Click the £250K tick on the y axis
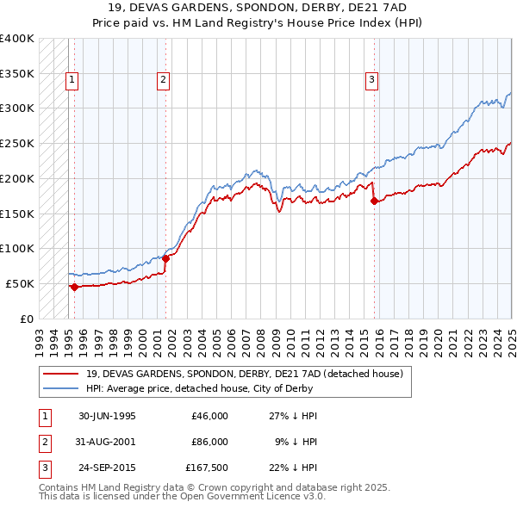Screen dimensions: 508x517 (x=17, y=144)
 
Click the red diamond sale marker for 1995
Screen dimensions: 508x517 (x=74, y=287)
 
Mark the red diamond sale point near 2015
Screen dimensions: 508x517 (x=374, y=201)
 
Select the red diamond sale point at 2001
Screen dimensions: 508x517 (x=165, y=258)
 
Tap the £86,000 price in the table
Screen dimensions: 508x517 (x=209, y=442)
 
